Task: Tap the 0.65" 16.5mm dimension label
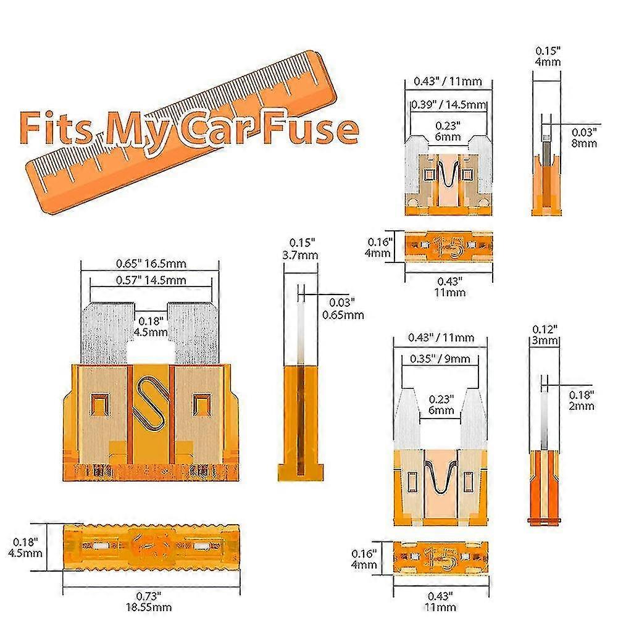(x=151, y=263)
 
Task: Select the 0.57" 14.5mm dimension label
(x=151, y=280)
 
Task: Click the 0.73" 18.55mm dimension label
(x=151, y=601)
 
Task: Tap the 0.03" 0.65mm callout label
(x=343, y=309)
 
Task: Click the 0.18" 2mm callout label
(x=581, y=399)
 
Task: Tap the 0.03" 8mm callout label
(x=583, y=137)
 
